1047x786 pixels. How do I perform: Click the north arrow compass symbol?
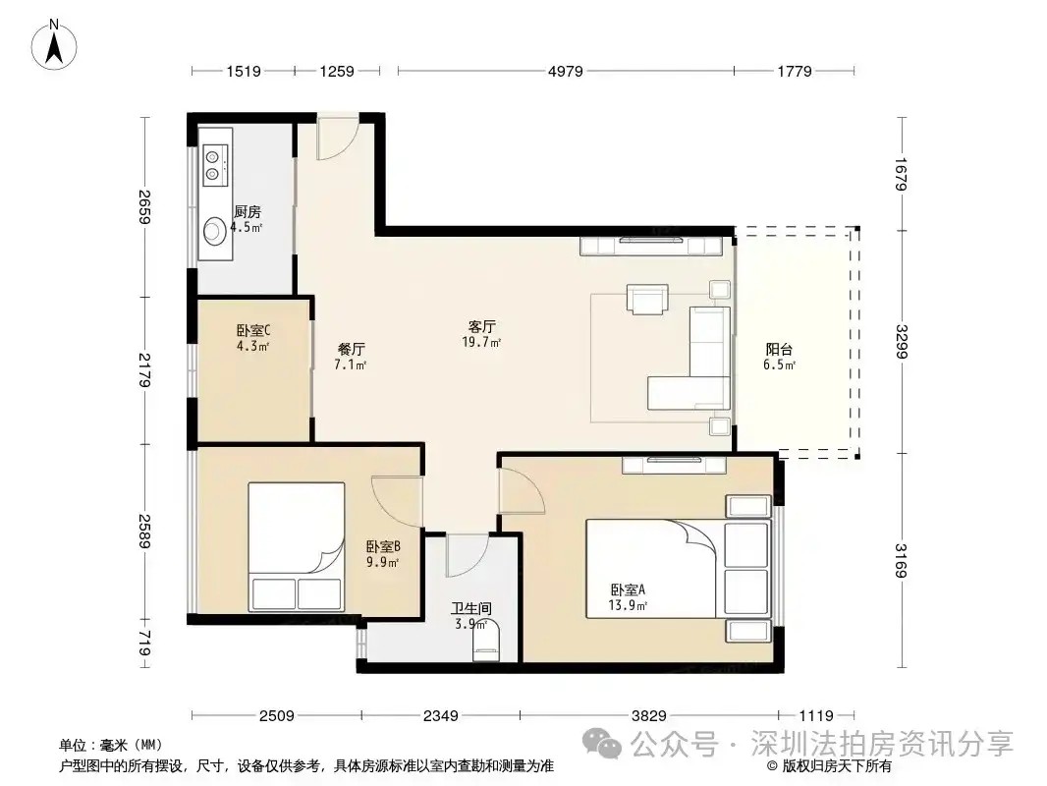coord(54,44)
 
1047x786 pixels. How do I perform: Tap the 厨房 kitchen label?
coord(248,212)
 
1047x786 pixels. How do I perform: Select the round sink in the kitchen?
coord(215,230)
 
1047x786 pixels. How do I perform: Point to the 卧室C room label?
coord(253,330)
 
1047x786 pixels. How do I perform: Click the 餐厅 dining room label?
coord(352,349)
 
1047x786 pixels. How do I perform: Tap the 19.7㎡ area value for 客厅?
coord(481,343)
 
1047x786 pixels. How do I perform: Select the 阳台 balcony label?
coord(779,349)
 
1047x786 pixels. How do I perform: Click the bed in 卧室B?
coord(297,547)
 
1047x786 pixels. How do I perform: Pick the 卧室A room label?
coord(628,589)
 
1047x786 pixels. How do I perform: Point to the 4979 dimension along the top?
coord(566,71)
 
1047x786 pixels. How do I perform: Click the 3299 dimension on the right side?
coord(901,341)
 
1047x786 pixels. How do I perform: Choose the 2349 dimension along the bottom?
coord(441,716)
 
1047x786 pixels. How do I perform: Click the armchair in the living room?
coord(647,299)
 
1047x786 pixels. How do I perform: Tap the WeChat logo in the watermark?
coord(602,742)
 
